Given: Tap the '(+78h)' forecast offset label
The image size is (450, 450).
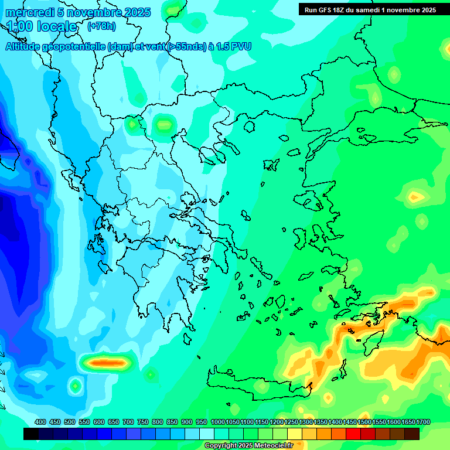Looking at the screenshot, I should [101, 26].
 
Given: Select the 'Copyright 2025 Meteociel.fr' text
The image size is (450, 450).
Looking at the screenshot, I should [248, 445].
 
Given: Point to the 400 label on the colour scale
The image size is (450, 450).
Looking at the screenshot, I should [40, 422].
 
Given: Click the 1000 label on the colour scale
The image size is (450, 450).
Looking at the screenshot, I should [218, 422].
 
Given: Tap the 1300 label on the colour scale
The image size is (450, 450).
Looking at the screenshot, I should [306, 422].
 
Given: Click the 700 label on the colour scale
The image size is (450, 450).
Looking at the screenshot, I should [128, 422].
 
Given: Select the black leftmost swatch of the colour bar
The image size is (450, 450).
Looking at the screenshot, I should [31, 434].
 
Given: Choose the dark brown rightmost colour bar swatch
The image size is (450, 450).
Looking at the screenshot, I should [412, 434].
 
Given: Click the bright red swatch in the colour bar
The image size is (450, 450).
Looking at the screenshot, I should [353, 434].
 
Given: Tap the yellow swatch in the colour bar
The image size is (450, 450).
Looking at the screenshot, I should [295, 434].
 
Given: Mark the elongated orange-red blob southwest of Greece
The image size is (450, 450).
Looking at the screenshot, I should [105, 363].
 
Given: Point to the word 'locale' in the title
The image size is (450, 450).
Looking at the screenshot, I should [55, 26].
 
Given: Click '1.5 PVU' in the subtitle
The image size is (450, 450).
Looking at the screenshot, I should [231, 46].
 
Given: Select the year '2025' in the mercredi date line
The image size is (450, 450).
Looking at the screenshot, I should [136, 12].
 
